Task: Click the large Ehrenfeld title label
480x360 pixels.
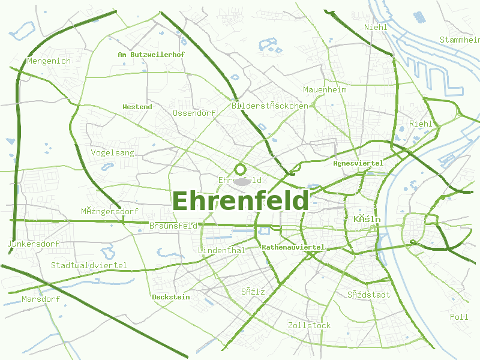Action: (241, 201)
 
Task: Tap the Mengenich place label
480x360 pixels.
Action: (49, 61)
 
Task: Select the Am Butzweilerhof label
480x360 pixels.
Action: (151, 54)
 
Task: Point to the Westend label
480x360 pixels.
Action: (137, 107)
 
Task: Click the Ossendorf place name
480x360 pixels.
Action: (194, 113)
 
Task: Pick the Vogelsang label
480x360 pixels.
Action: (113, 152)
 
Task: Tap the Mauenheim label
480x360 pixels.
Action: (325, 89)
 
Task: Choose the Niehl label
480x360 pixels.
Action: (376, 27)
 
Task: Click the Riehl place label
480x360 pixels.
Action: (421, 124)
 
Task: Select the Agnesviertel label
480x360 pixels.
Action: (358, 163)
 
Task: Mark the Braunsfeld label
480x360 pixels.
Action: (173, 226)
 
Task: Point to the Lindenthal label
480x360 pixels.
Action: (221, 250)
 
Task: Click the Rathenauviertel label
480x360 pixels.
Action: (293, 247)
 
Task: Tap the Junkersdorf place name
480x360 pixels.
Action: (34, 244)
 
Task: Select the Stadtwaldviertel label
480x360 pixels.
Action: (89, 265)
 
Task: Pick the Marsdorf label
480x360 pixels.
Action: (41, 299)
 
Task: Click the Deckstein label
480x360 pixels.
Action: (171, 297)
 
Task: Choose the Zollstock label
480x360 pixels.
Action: (309, 325)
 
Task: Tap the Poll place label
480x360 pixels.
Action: (459, 316)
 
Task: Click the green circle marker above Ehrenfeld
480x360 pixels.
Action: (241, 169)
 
